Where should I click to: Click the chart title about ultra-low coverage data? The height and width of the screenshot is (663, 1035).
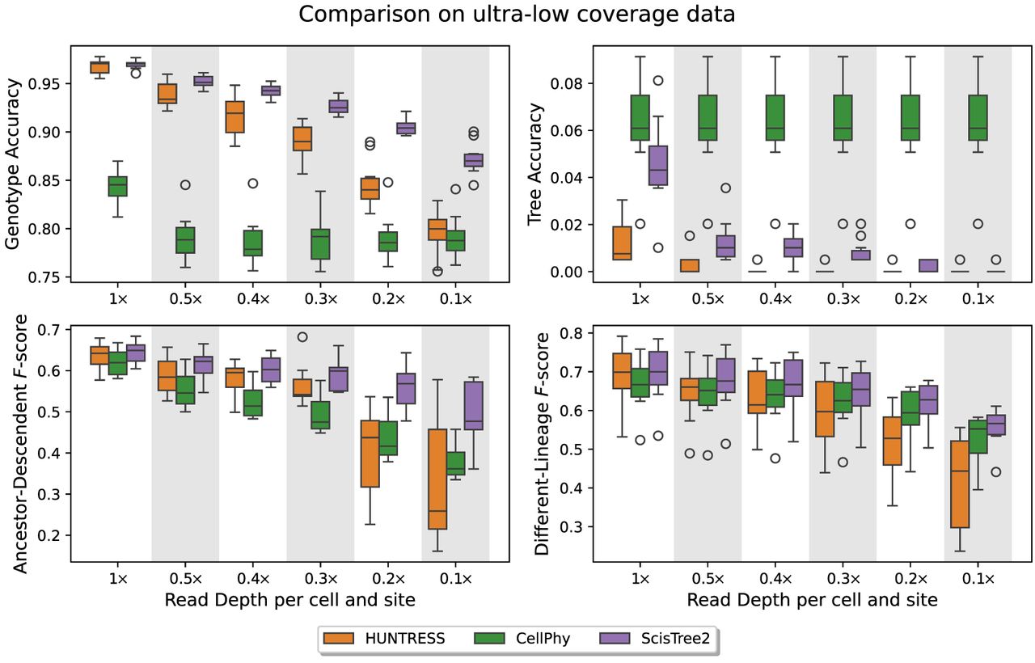(517, 15)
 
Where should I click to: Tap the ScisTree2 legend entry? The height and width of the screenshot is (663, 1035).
(655, 639)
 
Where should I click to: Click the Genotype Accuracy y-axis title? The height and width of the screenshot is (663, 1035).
(14, 166)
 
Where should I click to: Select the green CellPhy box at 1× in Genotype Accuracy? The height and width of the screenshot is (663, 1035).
(118, 186)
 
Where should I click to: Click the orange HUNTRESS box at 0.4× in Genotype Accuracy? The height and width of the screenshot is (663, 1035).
(235, 116)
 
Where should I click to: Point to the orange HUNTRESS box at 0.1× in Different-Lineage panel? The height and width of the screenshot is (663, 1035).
(960, 484)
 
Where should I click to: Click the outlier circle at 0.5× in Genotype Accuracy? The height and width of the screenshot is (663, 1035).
(185, 185)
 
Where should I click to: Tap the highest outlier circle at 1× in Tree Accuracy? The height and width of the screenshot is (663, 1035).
(658, 81)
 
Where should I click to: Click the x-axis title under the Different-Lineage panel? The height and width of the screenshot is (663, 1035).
(812, 600)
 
